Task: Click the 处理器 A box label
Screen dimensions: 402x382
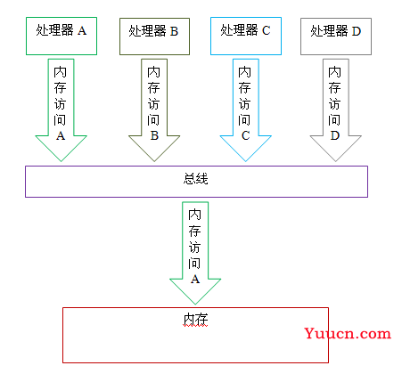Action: [62, 30]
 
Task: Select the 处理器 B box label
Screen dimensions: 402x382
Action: [153, 31]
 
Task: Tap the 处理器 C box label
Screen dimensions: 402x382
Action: [245, 30]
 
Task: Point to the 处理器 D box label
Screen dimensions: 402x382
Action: [336, 31]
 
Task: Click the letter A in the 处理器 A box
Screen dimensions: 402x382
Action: [82, 31]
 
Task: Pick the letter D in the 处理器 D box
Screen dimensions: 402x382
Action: [357, 31]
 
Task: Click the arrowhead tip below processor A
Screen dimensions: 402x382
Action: [61, 161]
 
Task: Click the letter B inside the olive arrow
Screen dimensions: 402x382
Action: [154, 135]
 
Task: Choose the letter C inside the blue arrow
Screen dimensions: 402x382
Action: [246, 135]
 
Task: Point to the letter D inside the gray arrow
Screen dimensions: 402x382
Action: [335, 135]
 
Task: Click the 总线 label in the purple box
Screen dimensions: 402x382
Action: [196, 179]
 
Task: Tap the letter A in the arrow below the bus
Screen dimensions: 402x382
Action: [195, 279]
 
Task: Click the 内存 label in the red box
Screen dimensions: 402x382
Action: [195, 320]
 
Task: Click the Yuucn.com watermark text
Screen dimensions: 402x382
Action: [348, 334]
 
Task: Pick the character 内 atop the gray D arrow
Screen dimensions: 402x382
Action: [334, 72]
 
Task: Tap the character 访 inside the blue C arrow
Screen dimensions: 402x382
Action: [245, 104]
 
